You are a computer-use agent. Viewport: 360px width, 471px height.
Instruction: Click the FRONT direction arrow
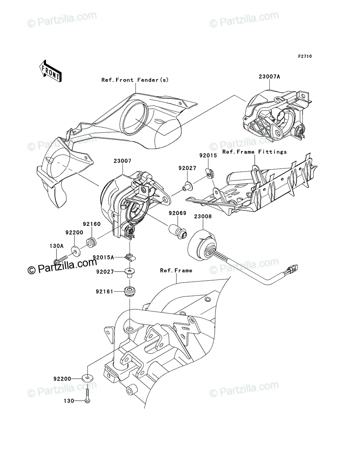(x=50, y=71)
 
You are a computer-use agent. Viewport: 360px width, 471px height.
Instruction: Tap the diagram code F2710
(x=305, y=57)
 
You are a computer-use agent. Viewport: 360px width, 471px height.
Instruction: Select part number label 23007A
(x=269, y=77)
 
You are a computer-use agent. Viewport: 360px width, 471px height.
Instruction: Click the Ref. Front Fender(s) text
(x=135, y=80)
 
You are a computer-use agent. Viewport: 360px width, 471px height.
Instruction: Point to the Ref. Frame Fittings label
(x=254, y=152)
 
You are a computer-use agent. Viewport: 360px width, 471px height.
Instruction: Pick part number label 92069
(x=177, y=213)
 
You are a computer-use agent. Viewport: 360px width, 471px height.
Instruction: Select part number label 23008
(x=203, y=217)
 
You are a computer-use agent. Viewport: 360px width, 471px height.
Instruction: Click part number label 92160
(x=92, y=224)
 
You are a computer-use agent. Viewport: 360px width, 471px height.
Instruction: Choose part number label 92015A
(x=103, y=257)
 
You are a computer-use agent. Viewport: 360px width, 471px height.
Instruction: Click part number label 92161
(x=104, y=292)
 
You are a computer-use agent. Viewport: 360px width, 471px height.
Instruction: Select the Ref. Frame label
(x=176, y=270)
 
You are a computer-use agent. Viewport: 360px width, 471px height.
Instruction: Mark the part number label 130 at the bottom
(x=69, y=401)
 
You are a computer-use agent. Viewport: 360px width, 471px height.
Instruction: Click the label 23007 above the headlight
(x=122, y=161)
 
